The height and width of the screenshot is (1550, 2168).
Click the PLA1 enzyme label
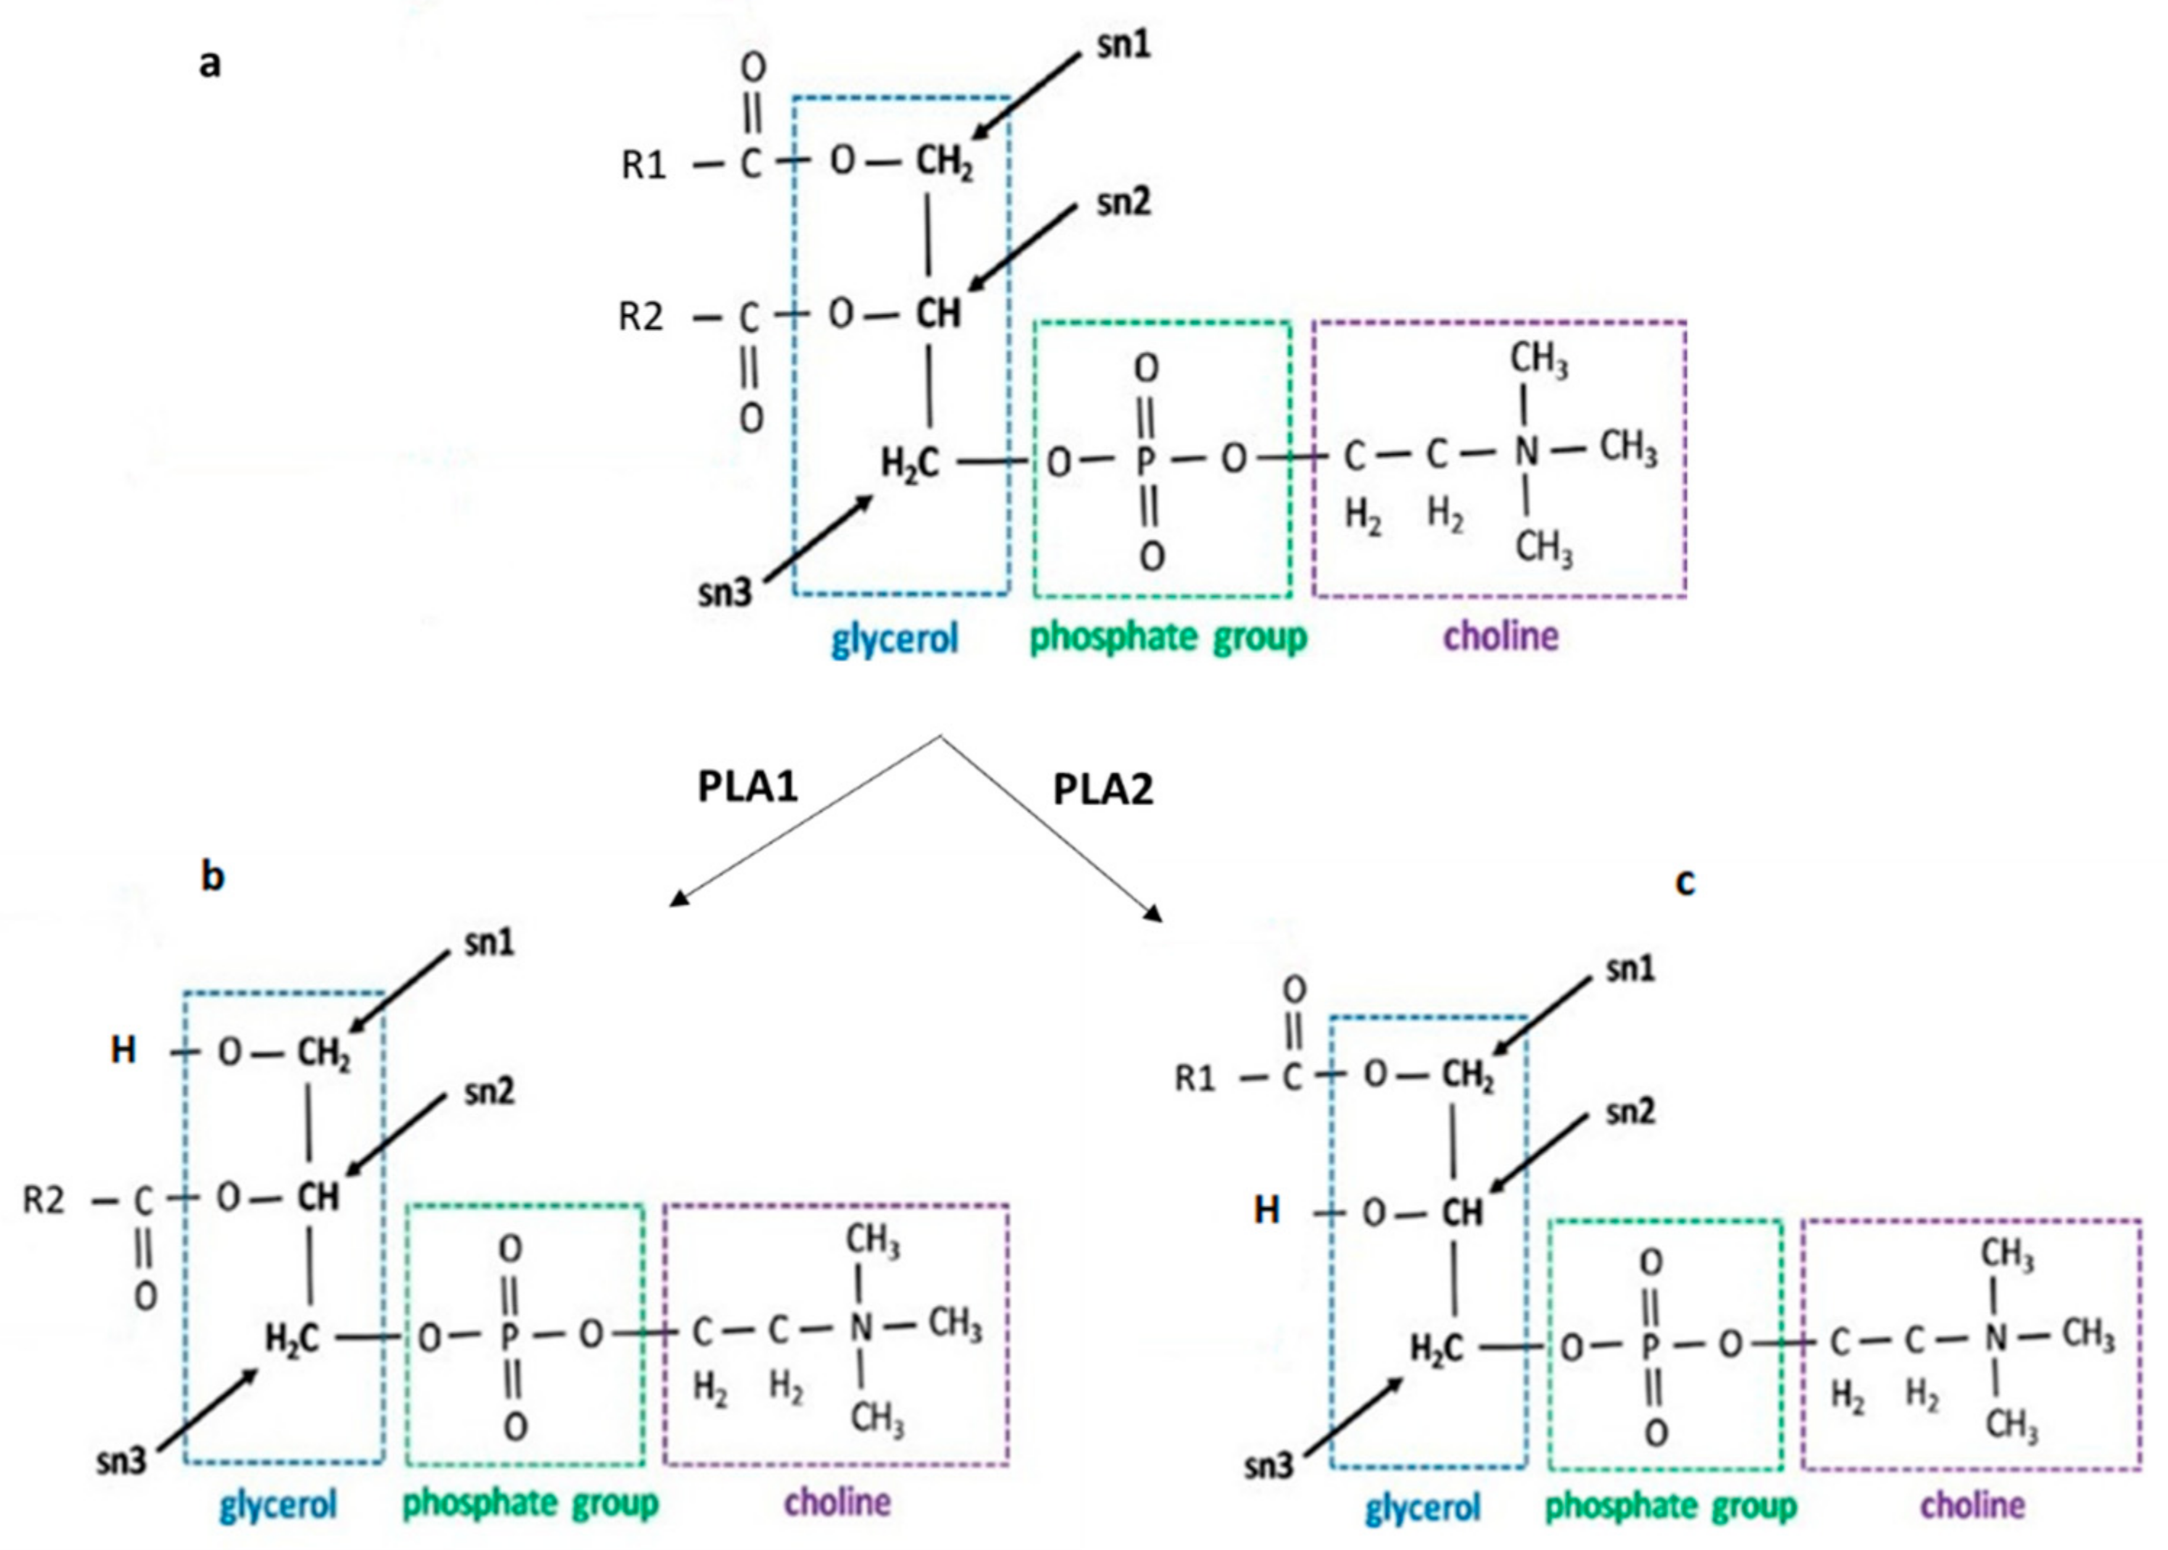point(748,787)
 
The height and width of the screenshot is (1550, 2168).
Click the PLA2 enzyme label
point(1103,789)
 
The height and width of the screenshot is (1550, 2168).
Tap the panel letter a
point(210,64)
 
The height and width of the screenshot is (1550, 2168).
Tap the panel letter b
point(212,875)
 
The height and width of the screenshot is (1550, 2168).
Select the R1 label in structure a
point(643,165)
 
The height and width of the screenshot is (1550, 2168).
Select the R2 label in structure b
point(44,1199)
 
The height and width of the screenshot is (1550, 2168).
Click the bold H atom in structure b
point(123,1051)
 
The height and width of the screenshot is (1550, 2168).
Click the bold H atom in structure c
point(1266,1210)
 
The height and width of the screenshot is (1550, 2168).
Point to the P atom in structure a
point(1146,462)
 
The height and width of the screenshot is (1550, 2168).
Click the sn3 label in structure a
point(725,592)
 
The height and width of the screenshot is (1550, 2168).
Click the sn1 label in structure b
point(489,943)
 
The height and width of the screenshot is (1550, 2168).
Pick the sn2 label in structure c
point(1630,1112)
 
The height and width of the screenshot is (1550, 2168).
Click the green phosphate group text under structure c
point(1671,1506)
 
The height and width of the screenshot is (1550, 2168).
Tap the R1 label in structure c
point(1195,1078)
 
